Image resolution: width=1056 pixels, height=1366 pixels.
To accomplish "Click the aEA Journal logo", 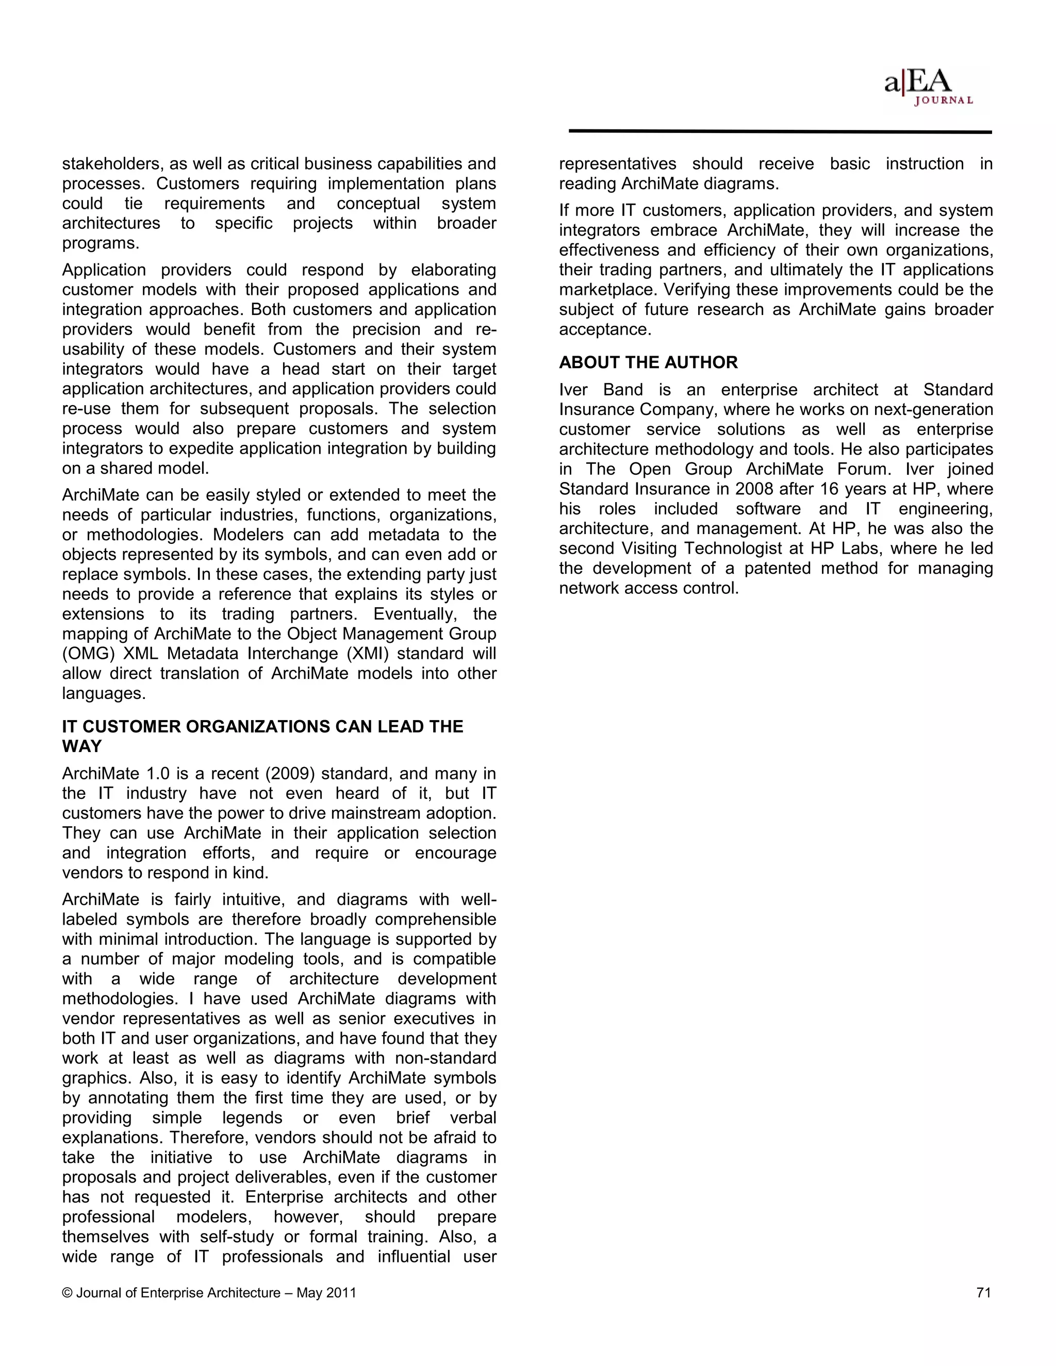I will pyautogui.click(x=928, y=88).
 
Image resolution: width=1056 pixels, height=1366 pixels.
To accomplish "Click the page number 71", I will pyautogui.click(x=983, y=1293).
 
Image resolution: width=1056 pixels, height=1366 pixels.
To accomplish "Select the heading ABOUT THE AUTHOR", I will pyautogui.click(x=648, y=363).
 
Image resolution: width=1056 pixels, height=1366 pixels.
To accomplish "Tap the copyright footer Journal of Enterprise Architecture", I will pyautogui.click(x=209, y=1293).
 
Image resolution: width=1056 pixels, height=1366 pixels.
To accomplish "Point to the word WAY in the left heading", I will pyautogui.click(x=82, y=747).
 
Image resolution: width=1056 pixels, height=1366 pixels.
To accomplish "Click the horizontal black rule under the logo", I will pyautogui.click(x=780, y=132).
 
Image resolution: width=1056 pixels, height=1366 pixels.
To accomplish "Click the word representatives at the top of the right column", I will pyautogui.click(x=617, y=164).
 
